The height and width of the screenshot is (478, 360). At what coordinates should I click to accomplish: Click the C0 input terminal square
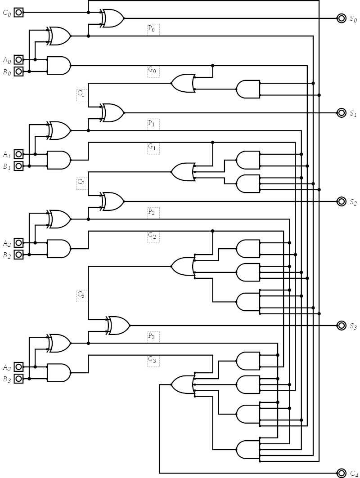pyautogui.click(x=18, y=13)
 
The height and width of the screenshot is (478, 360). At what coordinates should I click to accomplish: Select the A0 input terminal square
pyautogui.click(x=18, y=59)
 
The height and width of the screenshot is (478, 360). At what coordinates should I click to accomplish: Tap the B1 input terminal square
pyautogui.click(x=18, y=166)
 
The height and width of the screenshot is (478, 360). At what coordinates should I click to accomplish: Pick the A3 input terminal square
pyautogui.click(x=18, y=367)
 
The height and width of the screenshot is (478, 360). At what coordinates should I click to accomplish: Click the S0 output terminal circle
pyautogui.click(x=342, y=18)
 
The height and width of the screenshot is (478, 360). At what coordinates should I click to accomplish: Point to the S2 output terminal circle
pyautogui.click(x=342, y=201)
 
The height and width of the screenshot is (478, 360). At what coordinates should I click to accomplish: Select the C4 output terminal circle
pyautogui.click(x=342, y=473)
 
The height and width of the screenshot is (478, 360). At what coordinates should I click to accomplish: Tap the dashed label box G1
pyautogui.click(x=153, y=148)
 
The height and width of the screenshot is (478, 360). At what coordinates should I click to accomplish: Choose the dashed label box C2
pyautogui.click(x=82, y=183)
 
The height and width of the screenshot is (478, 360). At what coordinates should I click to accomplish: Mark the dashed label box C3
pyautogui.click(x=82, y=295)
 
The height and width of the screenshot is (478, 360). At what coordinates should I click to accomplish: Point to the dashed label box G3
pyautogui.click(x=153, y=360)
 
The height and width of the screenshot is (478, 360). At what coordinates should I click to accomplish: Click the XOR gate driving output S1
pyautogui.click(x=112, y=112)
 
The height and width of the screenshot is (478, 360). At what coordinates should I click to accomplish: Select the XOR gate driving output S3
pyautogui.click(x=118, y=325)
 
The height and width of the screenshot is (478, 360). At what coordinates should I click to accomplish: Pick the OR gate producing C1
pyautogui.click(x=182, y=83)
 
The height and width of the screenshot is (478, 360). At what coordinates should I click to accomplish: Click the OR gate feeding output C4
pyautogui.click(x=182, y=384)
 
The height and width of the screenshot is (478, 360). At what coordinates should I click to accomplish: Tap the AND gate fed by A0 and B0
pyautogui.click(x=59, y=66)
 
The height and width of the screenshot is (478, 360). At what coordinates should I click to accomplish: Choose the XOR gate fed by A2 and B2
pyautogui.click(x=59, y=219)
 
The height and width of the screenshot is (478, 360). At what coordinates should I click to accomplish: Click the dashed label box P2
pyautogui.click(x=153, y=213)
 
